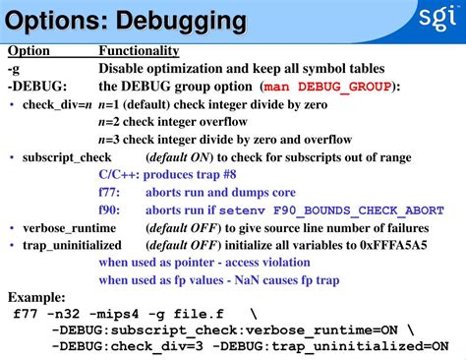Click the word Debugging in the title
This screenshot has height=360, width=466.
(187, 20)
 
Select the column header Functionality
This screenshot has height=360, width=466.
(139, 51)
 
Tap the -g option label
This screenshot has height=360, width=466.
(14, 69)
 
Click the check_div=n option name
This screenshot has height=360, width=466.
(57, 104)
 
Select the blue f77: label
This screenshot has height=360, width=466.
(110, 193)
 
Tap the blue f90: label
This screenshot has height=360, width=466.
(110, 210)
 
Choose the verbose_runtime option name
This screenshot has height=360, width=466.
(66, 228)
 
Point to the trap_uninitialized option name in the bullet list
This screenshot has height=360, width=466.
(72, 245)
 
